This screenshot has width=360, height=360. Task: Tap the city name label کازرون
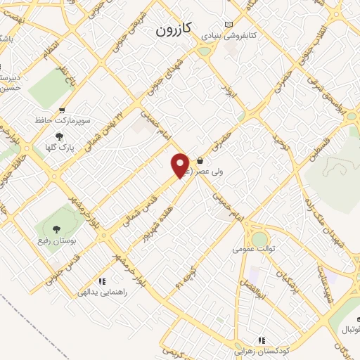(173, 31)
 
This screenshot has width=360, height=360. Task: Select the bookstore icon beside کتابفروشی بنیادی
(227, 23)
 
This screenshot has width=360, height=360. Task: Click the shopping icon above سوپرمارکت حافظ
(63, 110)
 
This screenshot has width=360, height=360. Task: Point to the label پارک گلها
(59, 147)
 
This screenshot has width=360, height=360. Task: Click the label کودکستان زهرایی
(262, 350)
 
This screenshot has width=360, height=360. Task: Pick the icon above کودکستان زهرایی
(262, 340)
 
